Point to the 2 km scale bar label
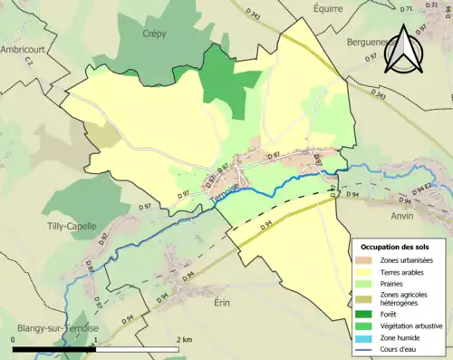(x=186, y=339)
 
